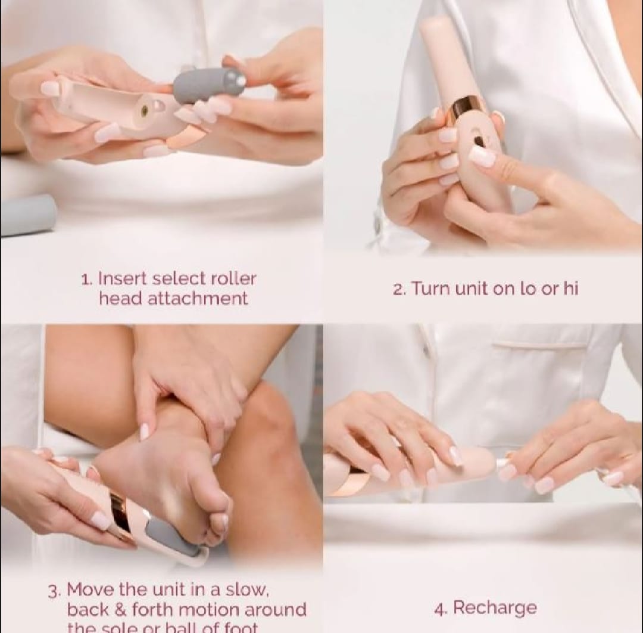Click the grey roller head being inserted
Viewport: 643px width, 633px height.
[208, 85]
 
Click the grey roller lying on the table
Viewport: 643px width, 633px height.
[27, 215]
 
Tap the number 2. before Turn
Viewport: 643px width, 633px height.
[399, 290]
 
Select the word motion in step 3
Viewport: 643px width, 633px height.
[212, 610]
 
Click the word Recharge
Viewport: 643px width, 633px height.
[494, 608]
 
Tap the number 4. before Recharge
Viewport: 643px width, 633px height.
[441, 609]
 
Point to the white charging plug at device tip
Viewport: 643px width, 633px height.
[503, 463]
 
